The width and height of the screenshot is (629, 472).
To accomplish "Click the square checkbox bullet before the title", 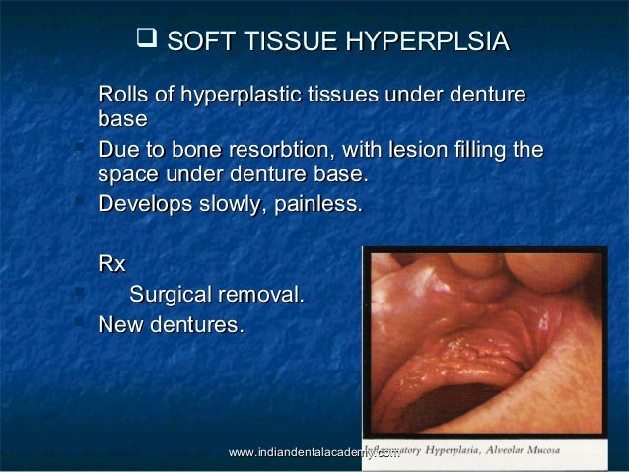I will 146,40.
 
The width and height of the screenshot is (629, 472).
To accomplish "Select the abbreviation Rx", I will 112,264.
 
